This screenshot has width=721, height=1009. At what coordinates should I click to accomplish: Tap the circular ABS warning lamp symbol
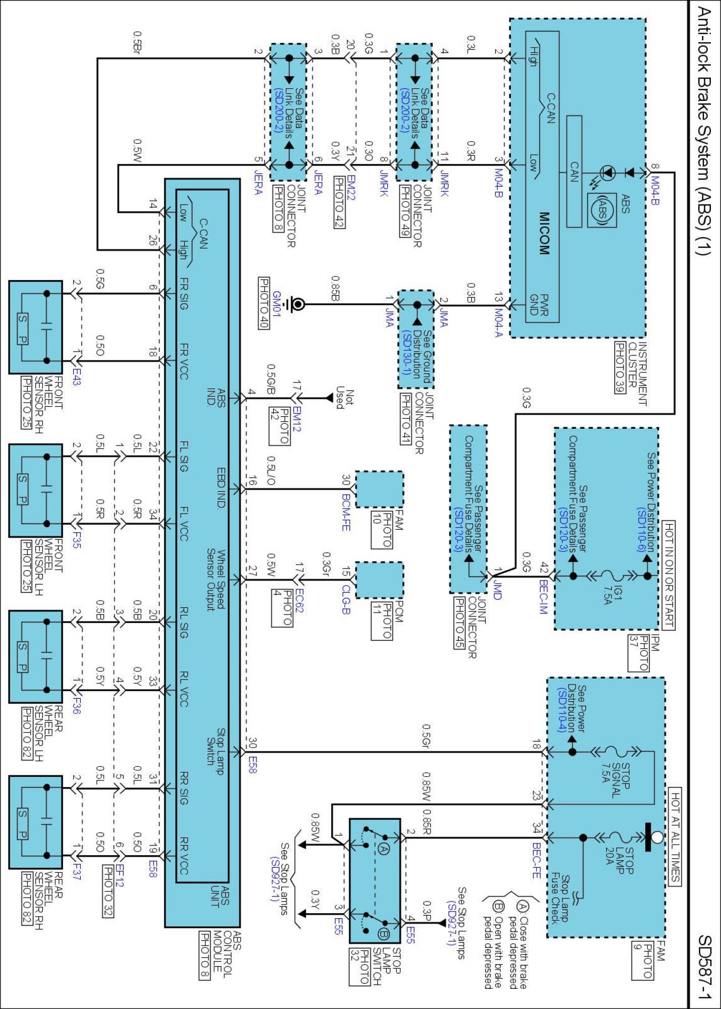pyautogui.click(x=601, y=210)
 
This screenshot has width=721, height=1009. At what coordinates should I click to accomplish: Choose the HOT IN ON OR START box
pyautogui.click(x=668, y=575)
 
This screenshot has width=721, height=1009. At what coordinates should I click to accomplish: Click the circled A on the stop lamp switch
pyautogui.click(x=383, y=848)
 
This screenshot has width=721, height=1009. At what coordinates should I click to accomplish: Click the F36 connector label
pyautogui.click(x=76, y=706)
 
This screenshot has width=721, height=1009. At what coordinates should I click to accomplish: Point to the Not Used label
pyautogui.click(x=344, y=398)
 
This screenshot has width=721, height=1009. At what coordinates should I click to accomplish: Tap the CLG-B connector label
pyautogui.click(x=346, y=599)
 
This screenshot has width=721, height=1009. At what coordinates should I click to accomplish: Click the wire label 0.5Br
pyautogui.click(x=137, y=41)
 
